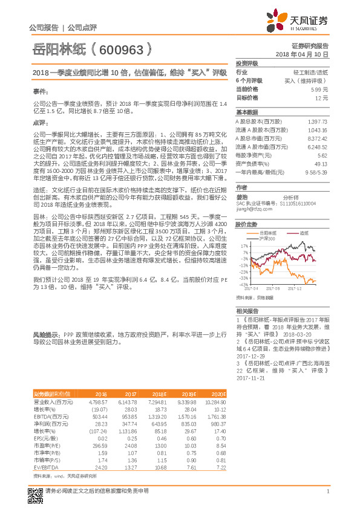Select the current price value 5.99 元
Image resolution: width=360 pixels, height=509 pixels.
[321, 89]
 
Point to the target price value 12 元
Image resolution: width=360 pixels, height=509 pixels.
[322, 97]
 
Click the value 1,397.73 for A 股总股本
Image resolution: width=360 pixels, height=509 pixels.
[317, 122]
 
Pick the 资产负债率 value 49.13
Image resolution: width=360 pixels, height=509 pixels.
[321, 163]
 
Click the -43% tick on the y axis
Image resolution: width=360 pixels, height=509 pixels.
[244, 284]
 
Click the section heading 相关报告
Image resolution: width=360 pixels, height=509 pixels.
[247, 310]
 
